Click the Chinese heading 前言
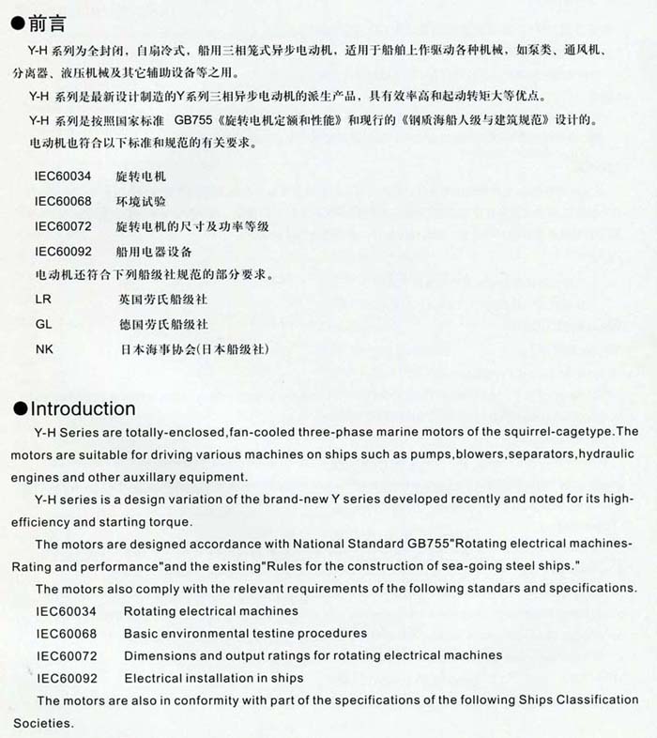point(47,20)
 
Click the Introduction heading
point(84,408)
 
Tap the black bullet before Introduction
point(20,409)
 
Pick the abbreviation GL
point(43,325)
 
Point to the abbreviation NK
point(43,349)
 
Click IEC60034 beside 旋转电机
point(63,177)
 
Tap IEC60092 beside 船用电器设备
point(63,252)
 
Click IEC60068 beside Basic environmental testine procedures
point(67,633)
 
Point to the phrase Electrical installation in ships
point(214,678)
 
